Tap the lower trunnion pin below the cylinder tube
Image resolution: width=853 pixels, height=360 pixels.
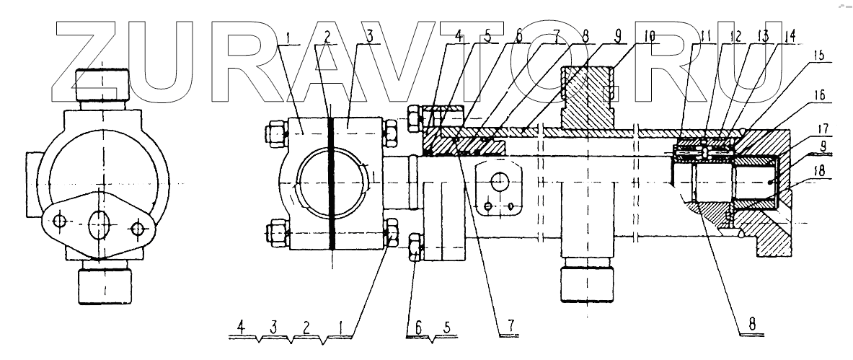(587, 283)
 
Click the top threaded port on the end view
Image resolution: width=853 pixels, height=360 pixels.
(101, 86)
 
